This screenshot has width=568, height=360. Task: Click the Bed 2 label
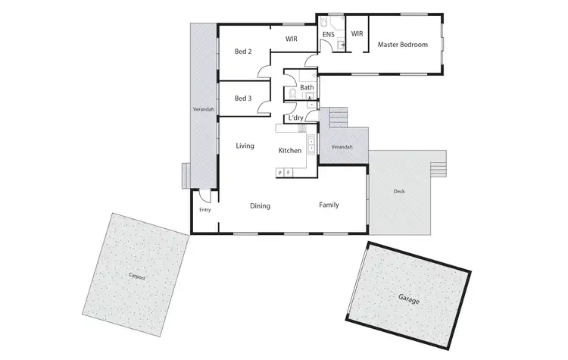pos(242,52)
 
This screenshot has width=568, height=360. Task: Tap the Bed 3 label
pos(242,99)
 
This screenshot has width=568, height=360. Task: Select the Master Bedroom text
pos(403,45)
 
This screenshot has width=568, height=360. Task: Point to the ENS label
pos(329,34)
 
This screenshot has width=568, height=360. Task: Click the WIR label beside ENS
pos(357,34)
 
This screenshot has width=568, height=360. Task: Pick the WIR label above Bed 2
pos(291,39)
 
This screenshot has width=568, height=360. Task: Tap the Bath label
pos(307,88)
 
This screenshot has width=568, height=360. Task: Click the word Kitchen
pos(290,151)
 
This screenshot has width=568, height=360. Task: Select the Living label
pos(245,146)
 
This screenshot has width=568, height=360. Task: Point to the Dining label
pos(261,206)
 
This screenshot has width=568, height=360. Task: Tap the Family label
pos(329,205)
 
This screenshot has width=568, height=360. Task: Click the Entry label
pos(204,210)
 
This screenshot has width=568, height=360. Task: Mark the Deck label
pos(399,192)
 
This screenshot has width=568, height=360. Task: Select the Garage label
pos(408,299)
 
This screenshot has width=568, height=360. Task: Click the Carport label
pos(136,277)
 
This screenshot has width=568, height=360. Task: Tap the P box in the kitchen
pos(280,174)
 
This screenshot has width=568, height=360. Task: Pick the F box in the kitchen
pos(288,174)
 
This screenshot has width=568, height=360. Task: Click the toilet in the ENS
pos(324,20)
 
